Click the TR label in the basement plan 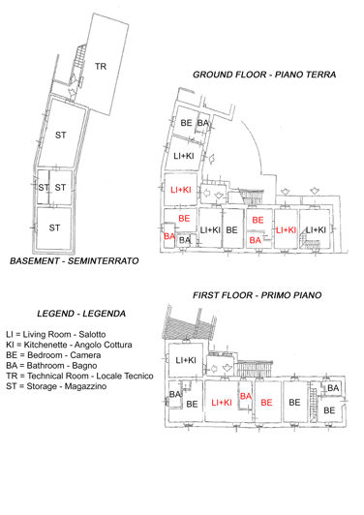point(100,66)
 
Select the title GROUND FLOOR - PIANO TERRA point(259,75)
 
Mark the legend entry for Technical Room point(81,377)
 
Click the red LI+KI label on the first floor point(222,402)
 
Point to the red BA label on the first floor point(245,396)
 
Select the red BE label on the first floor point(267,402)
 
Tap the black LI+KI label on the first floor point(186,360)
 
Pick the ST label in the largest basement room point(60,134)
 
